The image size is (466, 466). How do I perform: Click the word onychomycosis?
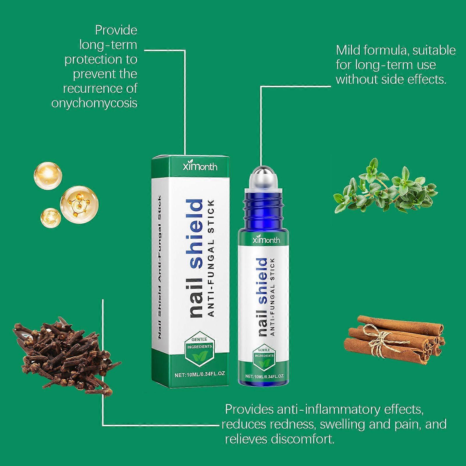point(94,103)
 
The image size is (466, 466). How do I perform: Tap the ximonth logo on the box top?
point(200,166)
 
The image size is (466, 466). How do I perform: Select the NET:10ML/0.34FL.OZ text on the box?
point(200,374)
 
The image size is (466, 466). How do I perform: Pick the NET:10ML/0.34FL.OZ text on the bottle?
point(264,376)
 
